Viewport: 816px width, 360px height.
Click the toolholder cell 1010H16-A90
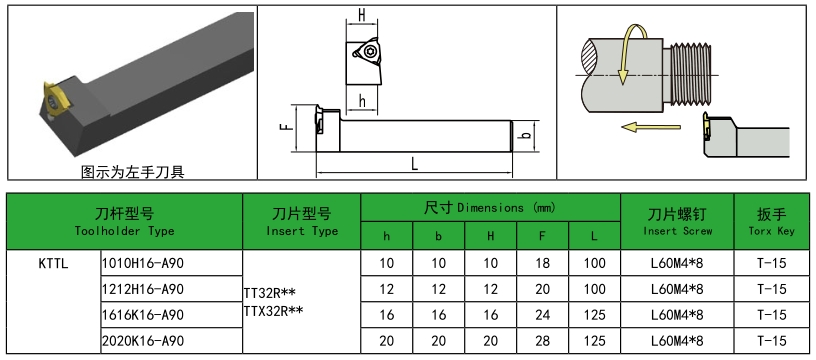(x=144, y=263)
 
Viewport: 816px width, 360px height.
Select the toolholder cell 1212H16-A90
(x=144, y=289)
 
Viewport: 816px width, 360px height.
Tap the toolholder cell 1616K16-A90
(x=144, y=315)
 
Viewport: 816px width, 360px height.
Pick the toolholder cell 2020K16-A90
(x=144, y=342)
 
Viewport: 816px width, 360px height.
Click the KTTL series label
(x=55, y=263)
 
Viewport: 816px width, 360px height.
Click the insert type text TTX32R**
(x=276, y=311)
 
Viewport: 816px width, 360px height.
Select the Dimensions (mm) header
(x=489, y=207)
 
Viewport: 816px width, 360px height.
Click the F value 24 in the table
(x=542, y=315)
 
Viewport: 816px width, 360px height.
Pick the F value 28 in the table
(x=542, y=342)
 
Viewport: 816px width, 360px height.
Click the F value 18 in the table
(x=542, y=263)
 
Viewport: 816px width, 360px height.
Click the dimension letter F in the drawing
(x=285, y=127)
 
